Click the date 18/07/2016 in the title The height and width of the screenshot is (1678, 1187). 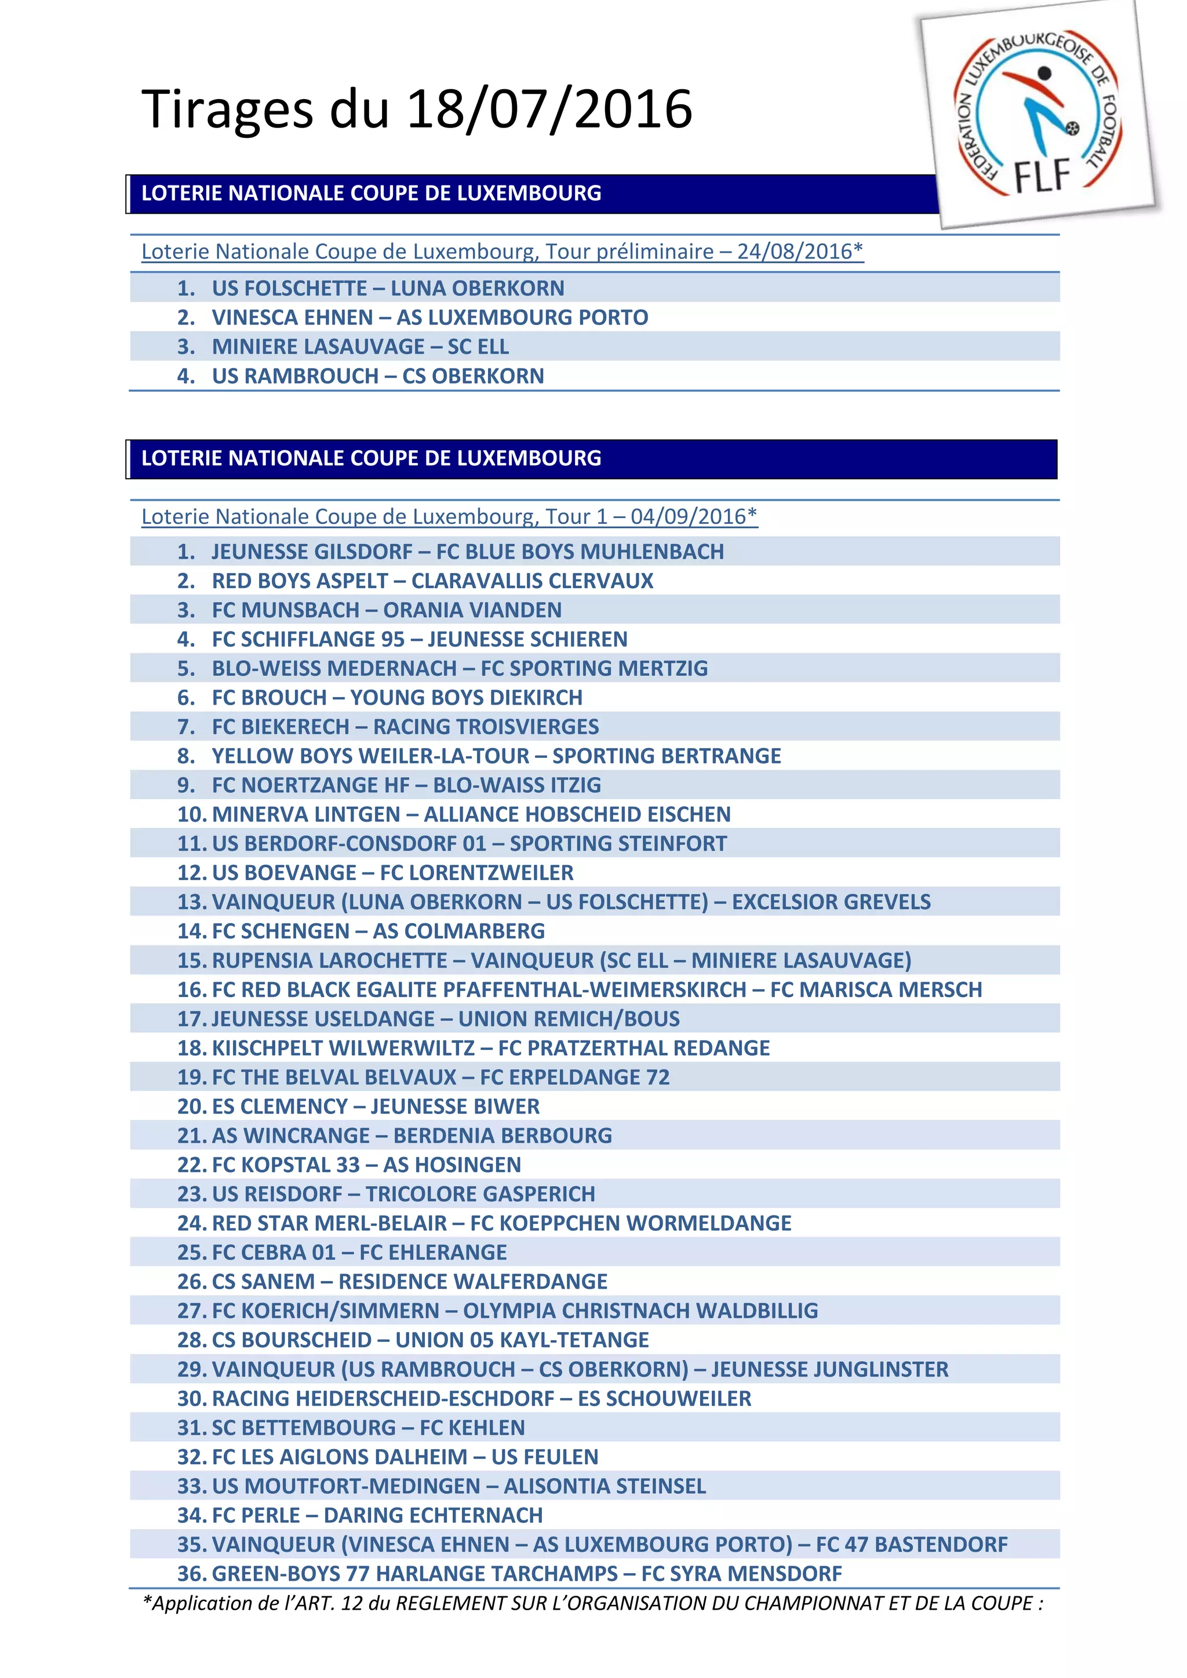[x=548, y=110]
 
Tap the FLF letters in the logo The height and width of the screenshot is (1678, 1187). [x=1042, y=176]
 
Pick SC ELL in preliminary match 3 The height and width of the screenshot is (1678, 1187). [x=478, y=347]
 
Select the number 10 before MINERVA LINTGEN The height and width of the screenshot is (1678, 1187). [x=191, y=815]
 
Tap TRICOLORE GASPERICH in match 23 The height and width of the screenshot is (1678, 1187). [x=480, y=1195]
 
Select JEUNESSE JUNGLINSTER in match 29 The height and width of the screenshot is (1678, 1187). [x=829, y=1370]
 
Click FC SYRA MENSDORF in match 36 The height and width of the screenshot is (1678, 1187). [x=741, y=1575]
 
